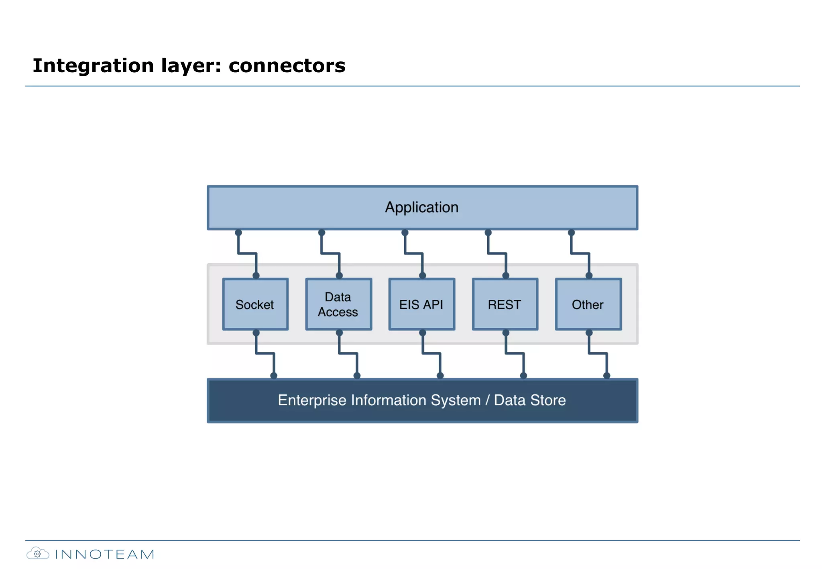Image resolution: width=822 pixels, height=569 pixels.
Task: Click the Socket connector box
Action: click(x=255, y=304)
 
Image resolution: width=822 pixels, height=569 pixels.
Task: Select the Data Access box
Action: click(x=338, y=304)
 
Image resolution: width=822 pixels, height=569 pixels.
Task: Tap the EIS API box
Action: click(x=421, y=304)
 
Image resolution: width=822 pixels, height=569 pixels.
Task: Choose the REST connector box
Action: click(x=505, y=304)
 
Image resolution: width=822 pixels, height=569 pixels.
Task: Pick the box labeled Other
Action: click(x=588, y=304)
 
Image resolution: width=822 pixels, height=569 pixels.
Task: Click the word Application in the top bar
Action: click(x=421, y=207)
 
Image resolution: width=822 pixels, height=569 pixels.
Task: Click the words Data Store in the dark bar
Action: click(x=529, y=400)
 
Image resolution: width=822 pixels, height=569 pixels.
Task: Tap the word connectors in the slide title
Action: click(x=287, y=65)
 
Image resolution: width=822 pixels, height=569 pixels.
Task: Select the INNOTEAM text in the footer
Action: click(x=104, y=554)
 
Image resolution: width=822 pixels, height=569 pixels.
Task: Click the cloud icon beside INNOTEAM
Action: click(x=38, y=554)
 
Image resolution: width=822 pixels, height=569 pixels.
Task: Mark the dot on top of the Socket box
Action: click(x=256, y=276)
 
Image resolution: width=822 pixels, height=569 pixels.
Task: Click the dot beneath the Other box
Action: click(x=589, y=333)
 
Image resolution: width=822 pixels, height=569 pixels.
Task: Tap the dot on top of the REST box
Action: click(x=506, y=276)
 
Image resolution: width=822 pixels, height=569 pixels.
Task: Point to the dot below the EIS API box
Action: click(x=422, y=333)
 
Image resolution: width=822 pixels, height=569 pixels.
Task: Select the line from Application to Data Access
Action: click(x=330, y=254)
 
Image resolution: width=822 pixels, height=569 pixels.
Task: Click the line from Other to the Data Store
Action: click(x=598, y=354)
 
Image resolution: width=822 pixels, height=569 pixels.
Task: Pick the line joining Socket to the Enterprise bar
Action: click(x=265, y=354)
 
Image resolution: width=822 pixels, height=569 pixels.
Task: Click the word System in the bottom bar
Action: click(x=456, y=400)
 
